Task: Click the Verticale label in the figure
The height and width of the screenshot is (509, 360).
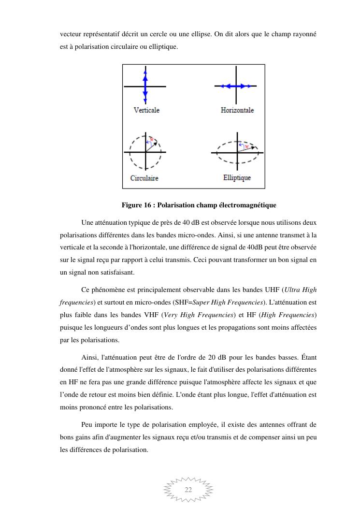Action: click(146, 110)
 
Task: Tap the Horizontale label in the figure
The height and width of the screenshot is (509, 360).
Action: click(237, 110)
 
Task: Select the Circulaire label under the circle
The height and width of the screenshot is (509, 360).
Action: click(144, 178)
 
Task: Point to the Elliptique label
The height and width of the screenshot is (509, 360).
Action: click(237, 178)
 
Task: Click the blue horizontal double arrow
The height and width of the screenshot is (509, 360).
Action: click(235, 86)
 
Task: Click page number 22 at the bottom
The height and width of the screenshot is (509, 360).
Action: click(188, 490)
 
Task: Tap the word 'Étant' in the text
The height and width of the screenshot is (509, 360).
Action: click(309, 357)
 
